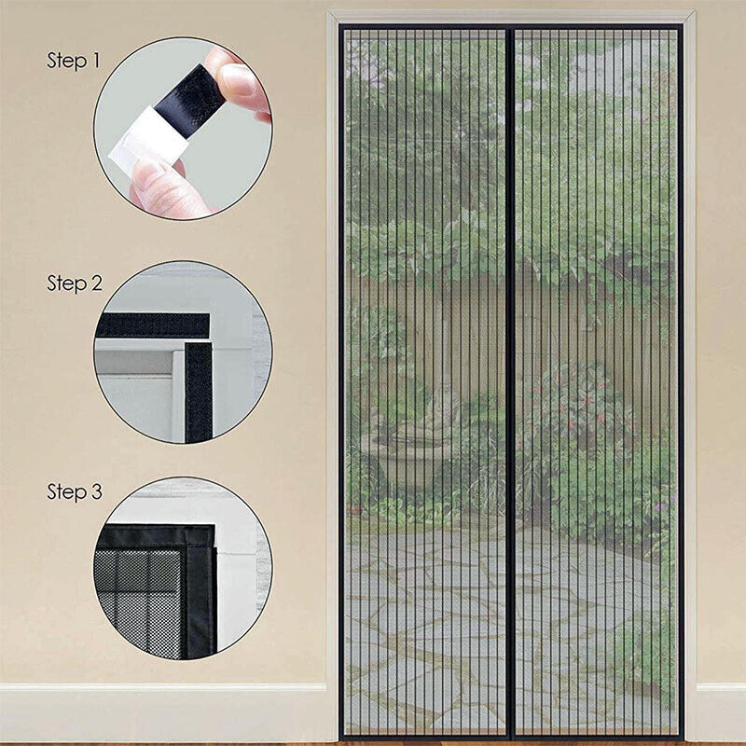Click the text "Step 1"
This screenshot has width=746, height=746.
tap(73, 61)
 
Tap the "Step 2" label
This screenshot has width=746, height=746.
tap(75, 283)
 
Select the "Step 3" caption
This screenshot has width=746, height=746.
tap(75, 492)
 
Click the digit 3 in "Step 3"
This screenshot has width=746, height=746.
tap(96, 492)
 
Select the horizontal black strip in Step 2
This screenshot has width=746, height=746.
tap(154, 325)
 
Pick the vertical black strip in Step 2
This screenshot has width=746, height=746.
tap(199, 392)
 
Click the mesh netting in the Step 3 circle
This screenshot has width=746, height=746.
tap(140, 597)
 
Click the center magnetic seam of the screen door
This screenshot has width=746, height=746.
tap(510, 373)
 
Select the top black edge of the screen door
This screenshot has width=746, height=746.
tap(511, 28)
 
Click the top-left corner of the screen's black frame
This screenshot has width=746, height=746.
tap(342, 28)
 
